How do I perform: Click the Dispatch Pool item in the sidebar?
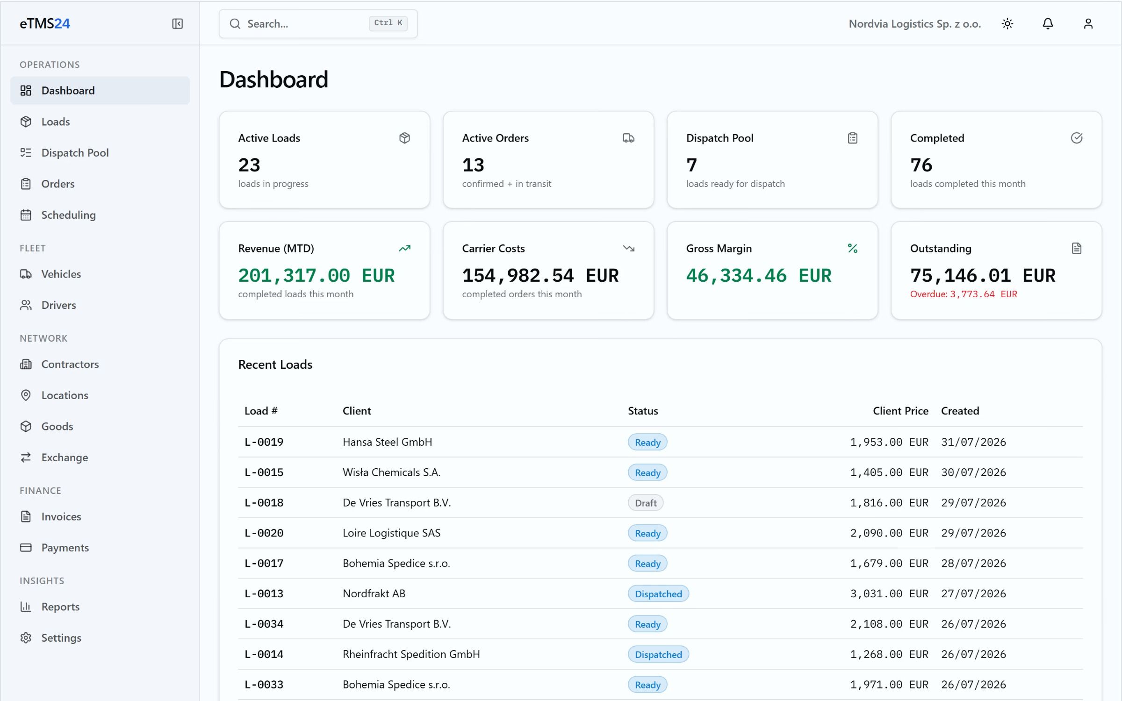75,153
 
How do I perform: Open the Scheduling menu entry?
68,215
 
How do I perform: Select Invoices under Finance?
61,516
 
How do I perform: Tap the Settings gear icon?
26,638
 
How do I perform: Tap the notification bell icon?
1048,24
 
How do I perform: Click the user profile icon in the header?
1088,24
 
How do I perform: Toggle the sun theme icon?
1007,24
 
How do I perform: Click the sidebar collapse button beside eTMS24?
177,24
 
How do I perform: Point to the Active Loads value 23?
249,165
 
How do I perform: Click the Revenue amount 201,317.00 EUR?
316,276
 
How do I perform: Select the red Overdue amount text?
964,294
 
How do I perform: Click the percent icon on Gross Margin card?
852,249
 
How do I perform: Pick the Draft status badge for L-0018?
646,503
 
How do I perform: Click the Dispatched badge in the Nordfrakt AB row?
658,594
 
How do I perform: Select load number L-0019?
264,442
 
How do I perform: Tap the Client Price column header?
900,411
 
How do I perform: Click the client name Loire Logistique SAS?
391,533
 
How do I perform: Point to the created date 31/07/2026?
973,442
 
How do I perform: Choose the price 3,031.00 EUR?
889,594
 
